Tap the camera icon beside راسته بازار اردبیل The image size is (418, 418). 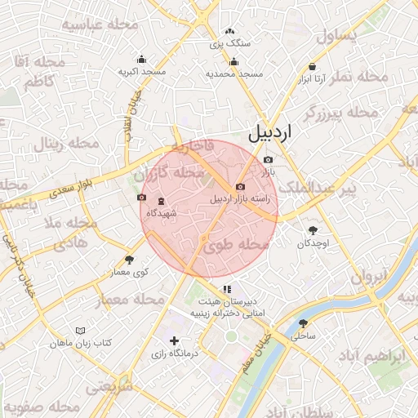[240, 187]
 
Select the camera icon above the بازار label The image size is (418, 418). [268, 159]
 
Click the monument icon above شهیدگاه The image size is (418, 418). [160, 202]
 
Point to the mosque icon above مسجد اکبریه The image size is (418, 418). [142, 59]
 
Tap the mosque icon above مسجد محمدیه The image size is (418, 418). [234, 61]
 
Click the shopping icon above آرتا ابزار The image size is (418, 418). [313, 67]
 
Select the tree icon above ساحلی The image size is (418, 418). [304, 323]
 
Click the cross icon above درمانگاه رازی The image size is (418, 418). [173, 340]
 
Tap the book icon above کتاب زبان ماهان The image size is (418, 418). [80, 331]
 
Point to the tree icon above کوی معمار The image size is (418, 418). [129, 260]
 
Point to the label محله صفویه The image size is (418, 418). [41, 406]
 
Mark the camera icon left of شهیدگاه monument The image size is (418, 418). [143, 198]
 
